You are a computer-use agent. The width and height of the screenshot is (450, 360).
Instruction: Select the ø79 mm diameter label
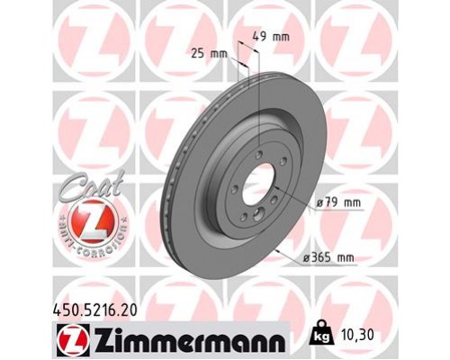click(x=337, y=205)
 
